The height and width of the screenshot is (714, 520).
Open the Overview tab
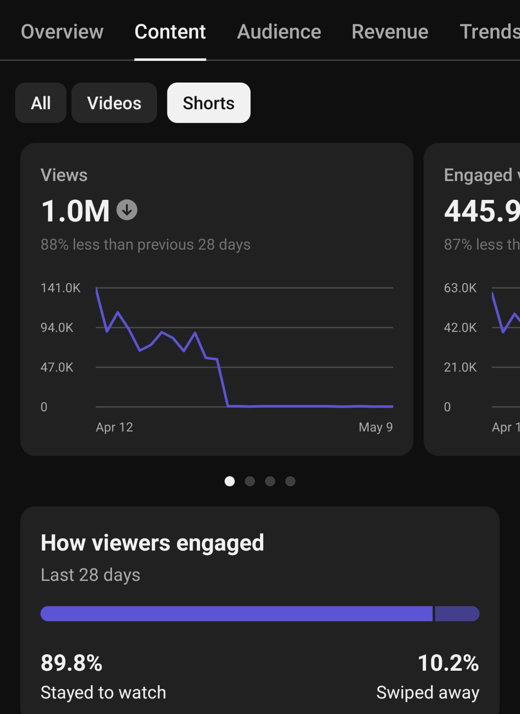click(x=62, y=32)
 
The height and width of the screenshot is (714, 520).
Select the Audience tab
click(x=279, y=32)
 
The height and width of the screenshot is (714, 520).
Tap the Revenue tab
click(x=390, y=32)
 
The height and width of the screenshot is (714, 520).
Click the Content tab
click(x=170, y=32)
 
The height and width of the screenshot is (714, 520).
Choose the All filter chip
click(x=41, y=103)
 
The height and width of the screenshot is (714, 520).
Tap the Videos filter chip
click(x=114, y=103)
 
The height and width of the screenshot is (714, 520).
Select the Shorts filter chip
click(x=209, y=103)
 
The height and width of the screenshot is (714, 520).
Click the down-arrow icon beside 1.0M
click(x=127, y=210)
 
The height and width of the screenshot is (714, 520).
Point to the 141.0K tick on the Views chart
click(x=60, y=288)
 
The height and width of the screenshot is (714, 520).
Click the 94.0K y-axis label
click(x=57, y=327)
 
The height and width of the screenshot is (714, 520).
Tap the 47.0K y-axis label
click(x=57, y=367)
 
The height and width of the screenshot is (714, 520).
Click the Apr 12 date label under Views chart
click(x=114, y=427)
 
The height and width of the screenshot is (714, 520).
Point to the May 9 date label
click(x=376, y=427)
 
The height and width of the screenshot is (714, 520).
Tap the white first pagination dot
click(x=230, y=481)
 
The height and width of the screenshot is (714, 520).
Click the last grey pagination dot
click(x=290, y=481)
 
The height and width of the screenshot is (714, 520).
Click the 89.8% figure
click(x=71, y=663)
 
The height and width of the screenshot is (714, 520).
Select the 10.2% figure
click(x=448, y=663)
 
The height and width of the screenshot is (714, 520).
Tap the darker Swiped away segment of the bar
click(x=457, y=613)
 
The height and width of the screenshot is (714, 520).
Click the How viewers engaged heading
click(x=152, y=543)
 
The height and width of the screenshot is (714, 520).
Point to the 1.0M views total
click(x=75, y=211)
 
